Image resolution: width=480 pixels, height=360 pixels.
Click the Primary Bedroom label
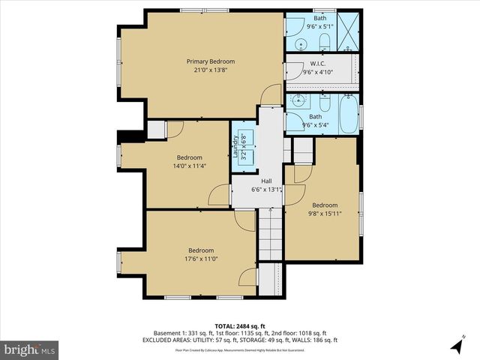coord(211,61)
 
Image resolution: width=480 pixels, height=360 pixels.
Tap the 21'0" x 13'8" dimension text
coord(211,70)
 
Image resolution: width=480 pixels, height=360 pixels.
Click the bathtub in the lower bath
coord(348,116)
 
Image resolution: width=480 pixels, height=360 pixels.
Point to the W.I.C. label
coord(317,64)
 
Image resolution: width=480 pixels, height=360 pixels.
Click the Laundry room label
coord(235,147)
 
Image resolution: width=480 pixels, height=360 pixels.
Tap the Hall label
coord(266,181)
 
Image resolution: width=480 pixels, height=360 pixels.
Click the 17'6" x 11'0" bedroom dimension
coord(201,259)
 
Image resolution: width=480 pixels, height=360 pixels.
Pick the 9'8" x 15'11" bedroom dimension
coord(325,214)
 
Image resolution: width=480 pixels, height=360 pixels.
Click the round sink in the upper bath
coord(300,43)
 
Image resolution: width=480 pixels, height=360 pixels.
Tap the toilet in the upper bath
coord(325,42)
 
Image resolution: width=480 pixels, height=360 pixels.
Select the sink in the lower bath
coord(298,99)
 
